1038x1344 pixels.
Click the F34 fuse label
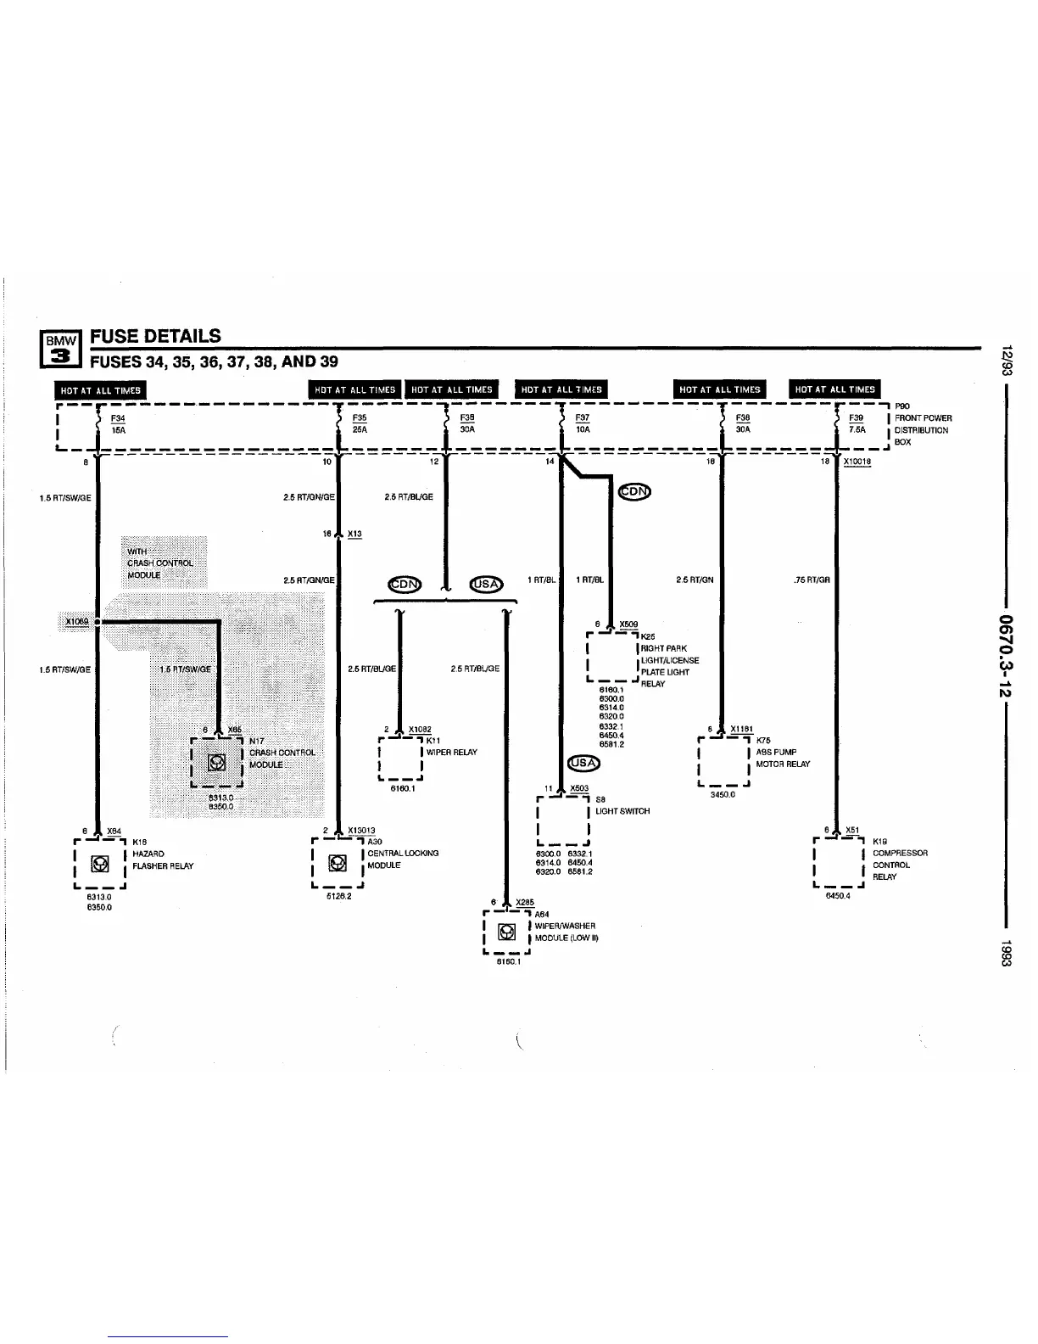118,417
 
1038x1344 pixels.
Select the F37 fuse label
583,417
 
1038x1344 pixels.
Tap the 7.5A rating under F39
857,429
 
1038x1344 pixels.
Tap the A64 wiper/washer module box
506,932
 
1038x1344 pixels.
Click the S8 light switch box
563,820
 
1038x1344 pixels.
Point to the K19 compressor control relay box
838,861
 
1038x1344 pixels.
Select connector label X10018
857,462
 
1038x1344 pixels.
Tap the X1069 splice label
77,621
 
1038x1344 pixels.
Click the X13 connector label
354,534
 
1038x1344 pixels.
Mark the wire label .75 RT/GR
812,580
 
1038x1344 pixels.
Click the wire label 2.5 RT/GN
695,580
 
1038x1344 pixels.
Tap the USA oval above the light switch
584,762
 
